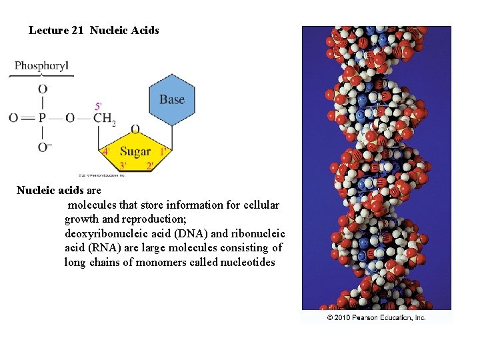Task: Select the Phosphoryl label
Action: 41,66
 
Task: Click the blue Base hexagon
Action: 172,100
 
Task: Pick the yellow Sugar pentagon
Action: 135,152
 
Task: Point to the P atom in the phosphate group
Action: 42,118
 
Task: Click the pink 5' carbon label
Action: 99,106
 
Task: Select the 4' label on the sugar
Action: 105,152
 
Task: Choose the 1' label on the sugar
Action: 163,152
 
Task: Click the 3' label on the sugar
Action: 124,165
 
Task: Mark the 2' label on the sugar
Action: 150,165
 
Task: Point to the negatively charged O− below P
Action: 45,147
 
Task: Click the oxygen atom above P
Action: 43,89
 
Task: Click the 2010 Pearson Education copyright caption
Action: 376,317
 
